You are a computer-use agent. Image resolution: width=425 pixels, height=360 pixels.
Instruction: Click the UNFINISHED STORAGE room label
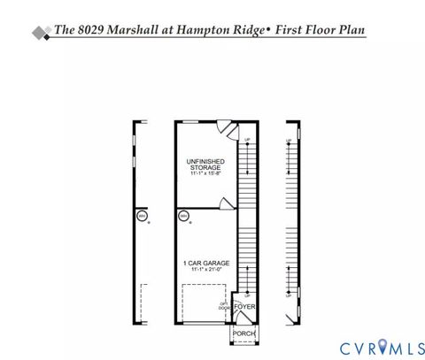tap(205, 164)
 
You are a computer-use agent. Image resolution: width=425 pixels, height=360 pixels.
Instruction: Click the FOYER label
tap(244, 307)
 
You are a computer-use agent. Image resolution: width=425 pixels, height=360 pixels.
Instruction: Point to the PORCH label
tap(243, 333)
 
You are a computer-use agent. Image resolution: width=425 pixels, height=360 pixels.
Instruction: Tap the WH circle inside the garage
tap(183, 216)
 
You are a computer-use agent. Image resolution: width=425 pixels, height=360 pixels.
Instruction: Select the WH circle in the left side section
tap(141, 216)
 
